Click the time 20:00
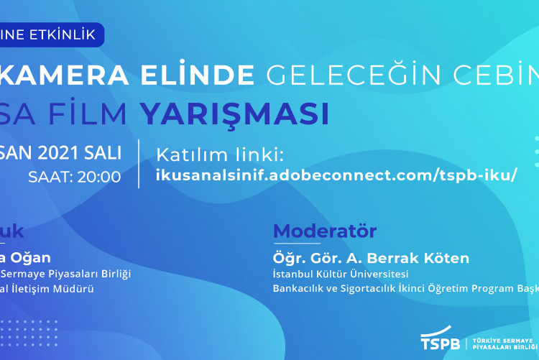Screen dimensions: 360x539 99,177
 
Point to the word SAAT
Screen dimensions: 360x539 50,177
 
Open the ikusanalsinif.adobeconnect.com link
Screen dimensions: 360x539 336,176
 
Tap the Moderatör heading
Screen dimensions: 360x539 325,231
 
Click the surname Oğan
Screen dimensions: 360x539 32,257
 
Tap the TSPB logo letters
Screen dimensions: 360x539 441,341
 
